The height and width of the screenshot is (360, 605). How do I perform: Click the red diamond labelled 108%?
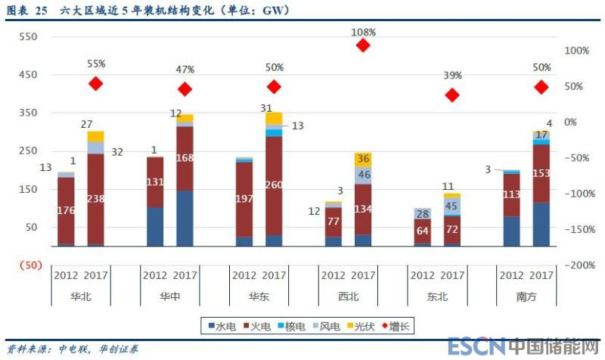(363, 45)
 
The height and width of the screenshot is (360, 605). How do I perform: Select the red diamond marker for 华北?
(95, 84)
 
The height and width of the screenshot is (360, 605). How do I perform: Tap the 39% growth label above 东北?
(452, 76)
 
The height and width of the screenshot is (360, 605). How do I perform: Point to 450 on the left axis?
(28, 74)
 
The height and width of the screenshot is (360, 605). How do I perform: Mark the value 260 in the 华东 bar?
(274, 185)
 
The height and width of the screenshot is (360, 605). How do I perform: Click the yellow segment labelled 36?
(363, 160)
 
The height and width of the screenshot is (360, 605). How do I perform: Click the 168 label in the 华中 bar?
(185, 158)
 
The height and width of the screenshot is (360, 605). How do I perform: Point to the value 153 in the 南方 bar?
(541, 173)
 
